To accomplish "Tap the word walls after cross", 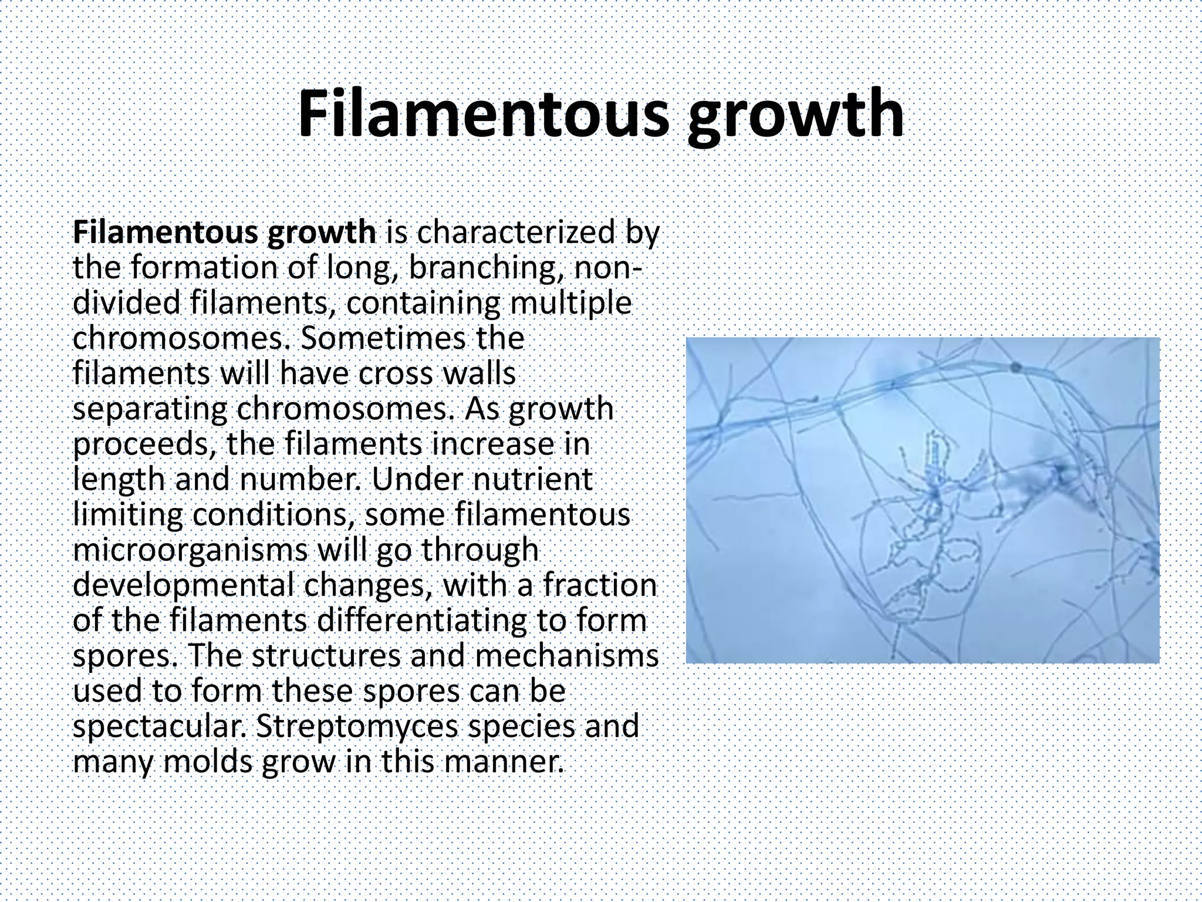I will [481, 373].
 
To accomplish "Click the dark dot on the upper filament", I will [1016, 368].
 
